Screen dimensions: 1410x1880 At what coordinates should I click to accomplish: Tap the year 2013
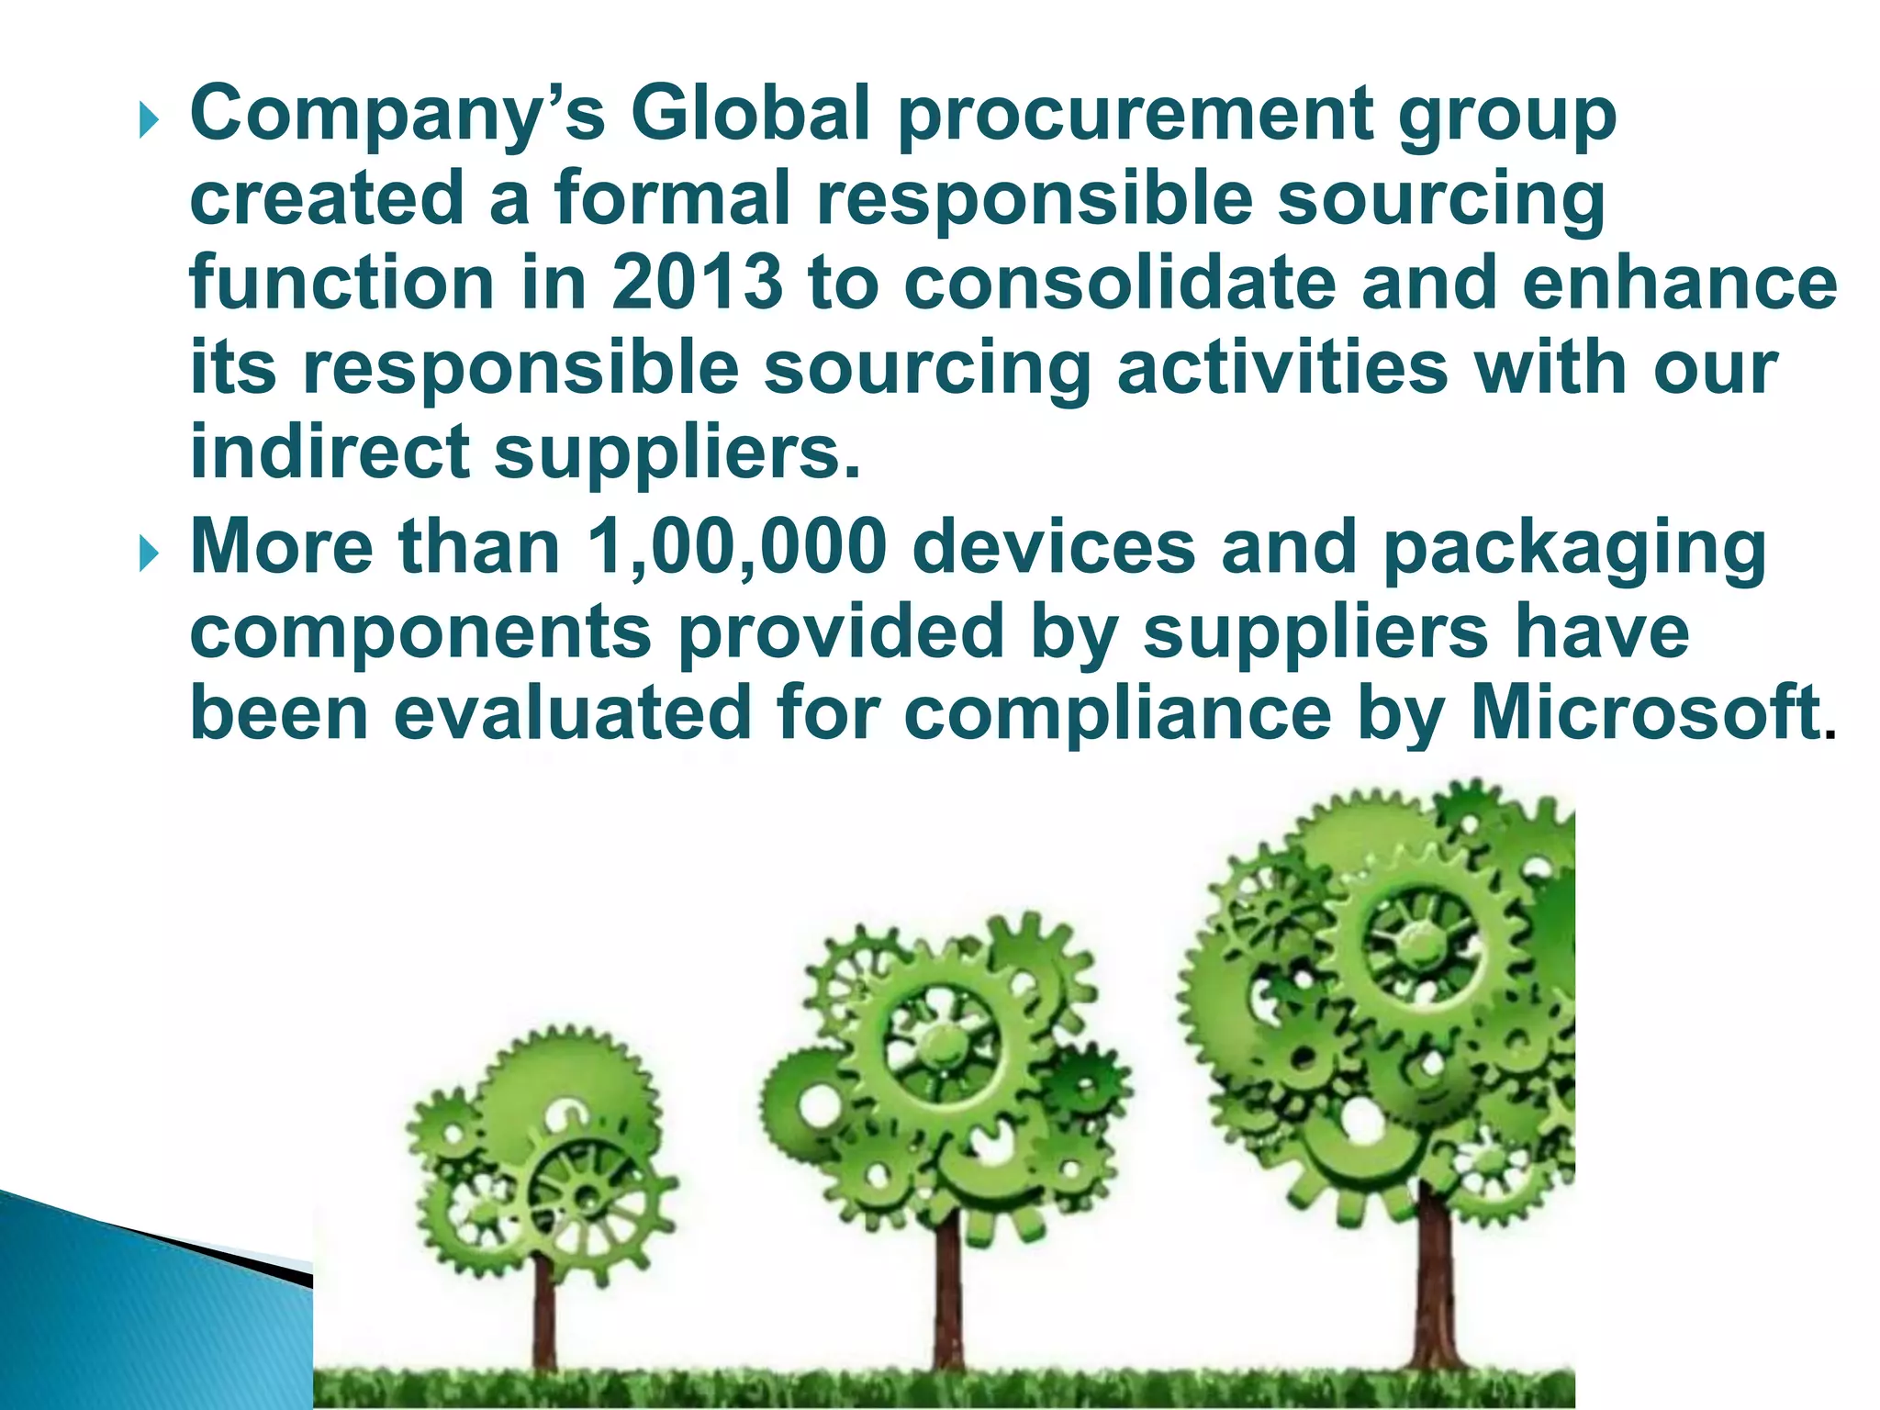pos(698,283)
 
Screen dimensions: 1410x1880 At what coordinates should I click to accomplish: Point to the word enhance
pos(1680,283)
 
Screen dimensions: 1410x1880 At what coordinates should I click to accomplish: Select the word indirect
pos(330,452)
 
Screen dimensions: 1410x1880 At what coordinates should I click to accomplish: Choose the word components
pos(421,632)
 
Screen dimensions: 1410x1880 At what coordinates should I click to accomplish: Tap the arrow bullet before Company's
pos(150,120)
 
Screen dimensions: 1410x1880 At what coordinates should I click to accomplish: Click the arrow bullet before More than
pos(150,554)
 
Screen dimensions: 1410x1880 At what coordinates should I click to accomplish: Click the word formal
pos(671,198)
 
